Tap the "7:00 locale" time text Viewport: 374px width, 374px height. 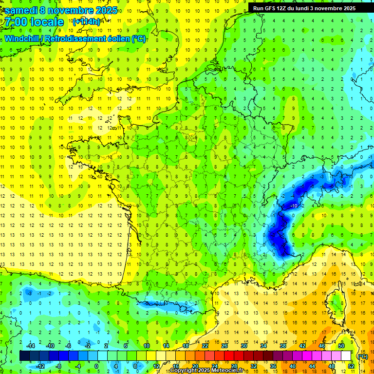[34, 22]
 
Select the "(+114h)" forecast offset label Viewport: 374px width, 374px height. [87, 22]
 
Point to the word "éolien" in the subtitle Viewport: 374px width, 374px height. [115, 38]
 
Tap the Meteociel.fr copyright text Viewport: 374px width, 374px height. [207, 371]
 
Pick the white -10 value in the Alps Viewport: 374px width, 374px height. [294, 206]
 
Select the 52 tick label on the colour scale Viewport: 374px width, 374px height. [351, 366]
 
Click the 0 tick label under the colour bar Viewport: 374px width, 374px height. [96, 366]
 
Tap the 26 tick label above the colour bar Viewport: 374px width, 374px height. [224, 346]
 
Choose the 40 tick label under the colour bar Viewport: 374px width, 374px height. [292, 366]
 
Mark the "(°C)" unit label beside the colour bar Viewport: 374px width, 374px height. [362, 356]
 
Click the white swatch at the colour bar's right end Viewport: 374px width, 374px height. [346, 356]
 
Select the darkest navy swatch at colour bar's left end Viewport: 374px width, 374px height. [24, 356]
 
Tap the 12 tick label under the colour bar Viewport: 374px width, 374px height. [156, 366]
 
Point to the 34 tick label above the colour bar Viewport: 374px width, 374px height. [263, 346]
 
